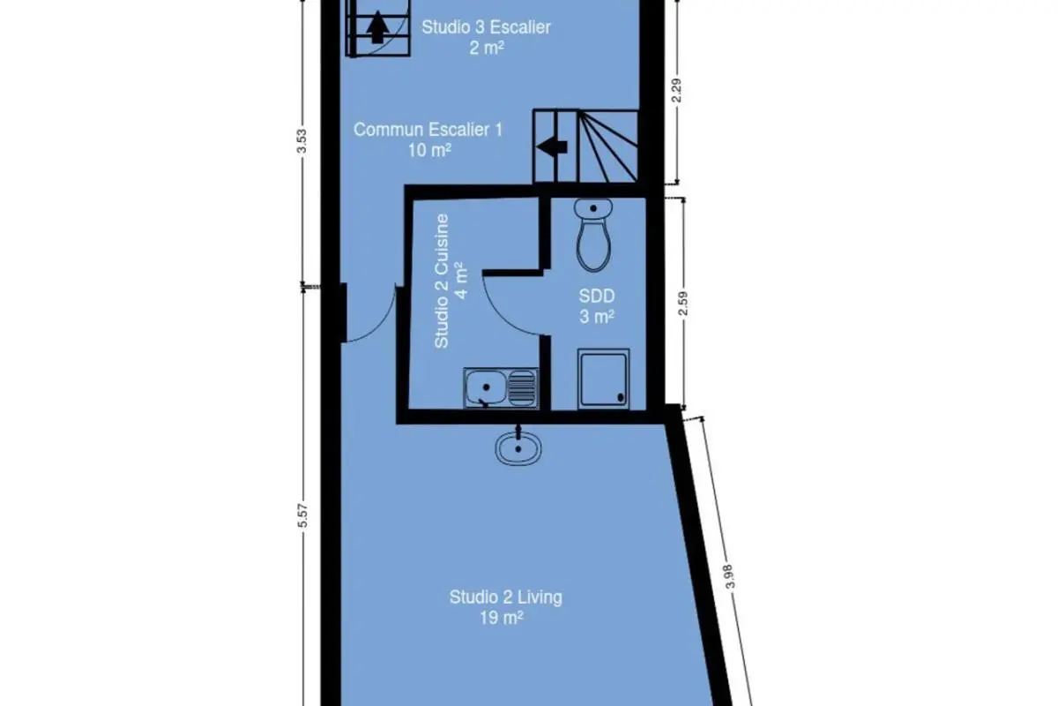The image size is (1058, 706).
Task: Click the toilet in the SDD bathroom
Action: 593,235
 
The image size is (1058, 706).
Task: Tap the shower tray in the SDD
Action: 604,379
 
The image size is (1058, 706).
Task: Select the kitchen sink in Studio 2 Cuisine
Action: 501,387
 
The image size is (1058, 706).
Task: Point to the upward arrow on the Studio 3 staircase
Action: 377,27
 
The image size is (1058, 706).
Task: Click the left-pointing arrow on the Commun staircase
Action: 552,147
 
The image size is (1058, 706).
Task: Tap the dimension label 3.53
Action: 302,141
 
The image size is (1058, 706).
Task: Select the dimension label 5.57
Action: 302,515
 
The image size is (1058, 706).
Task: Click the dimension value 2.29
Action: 676,90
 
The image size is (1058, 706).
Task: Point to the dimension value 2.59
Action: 682,303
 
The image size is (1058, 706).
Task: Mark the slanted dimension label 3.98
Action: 729,576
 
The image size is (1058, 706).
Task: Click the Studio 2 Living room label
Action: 506,597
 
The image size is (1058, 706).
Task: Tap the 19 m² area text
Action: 502,618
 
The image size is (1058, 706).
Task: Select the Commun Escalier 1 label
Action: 428,130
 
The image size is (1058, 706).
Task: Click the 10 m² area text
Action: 429,150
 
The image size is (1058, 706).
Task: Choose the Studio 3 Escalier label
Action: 486,27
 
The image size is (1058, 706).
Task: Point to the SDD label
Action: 597,296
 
